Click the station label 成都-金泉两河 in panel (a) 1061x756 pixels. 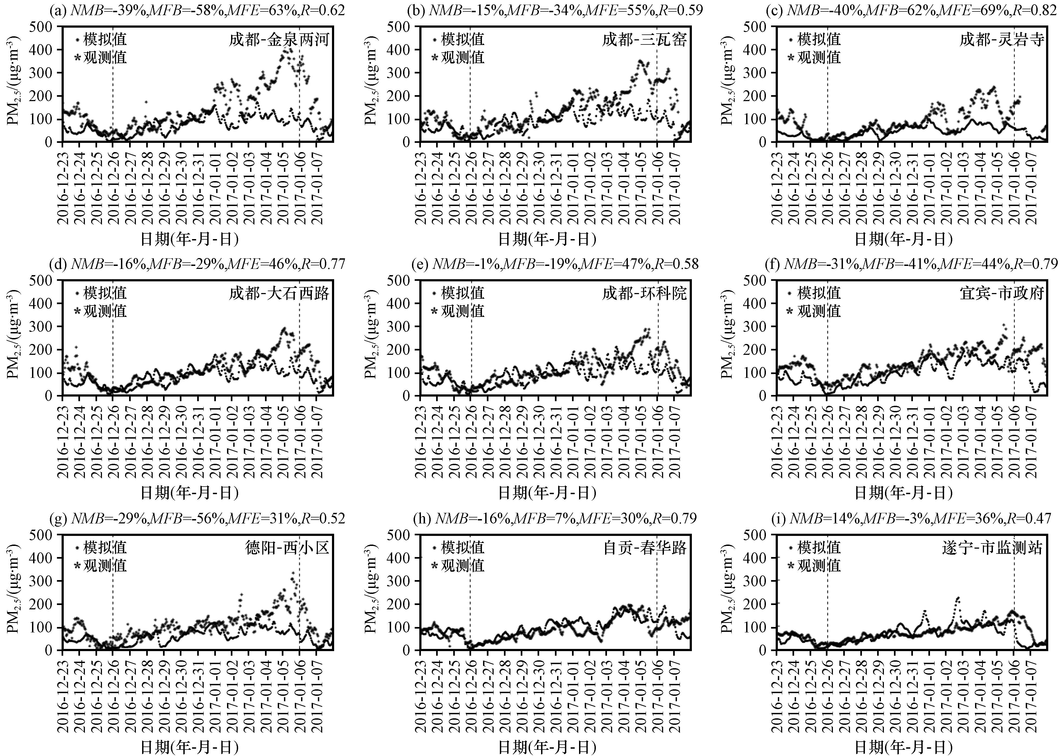[279, 40]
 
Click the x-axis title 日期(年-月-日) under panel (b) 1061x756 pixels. [547, 239]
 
